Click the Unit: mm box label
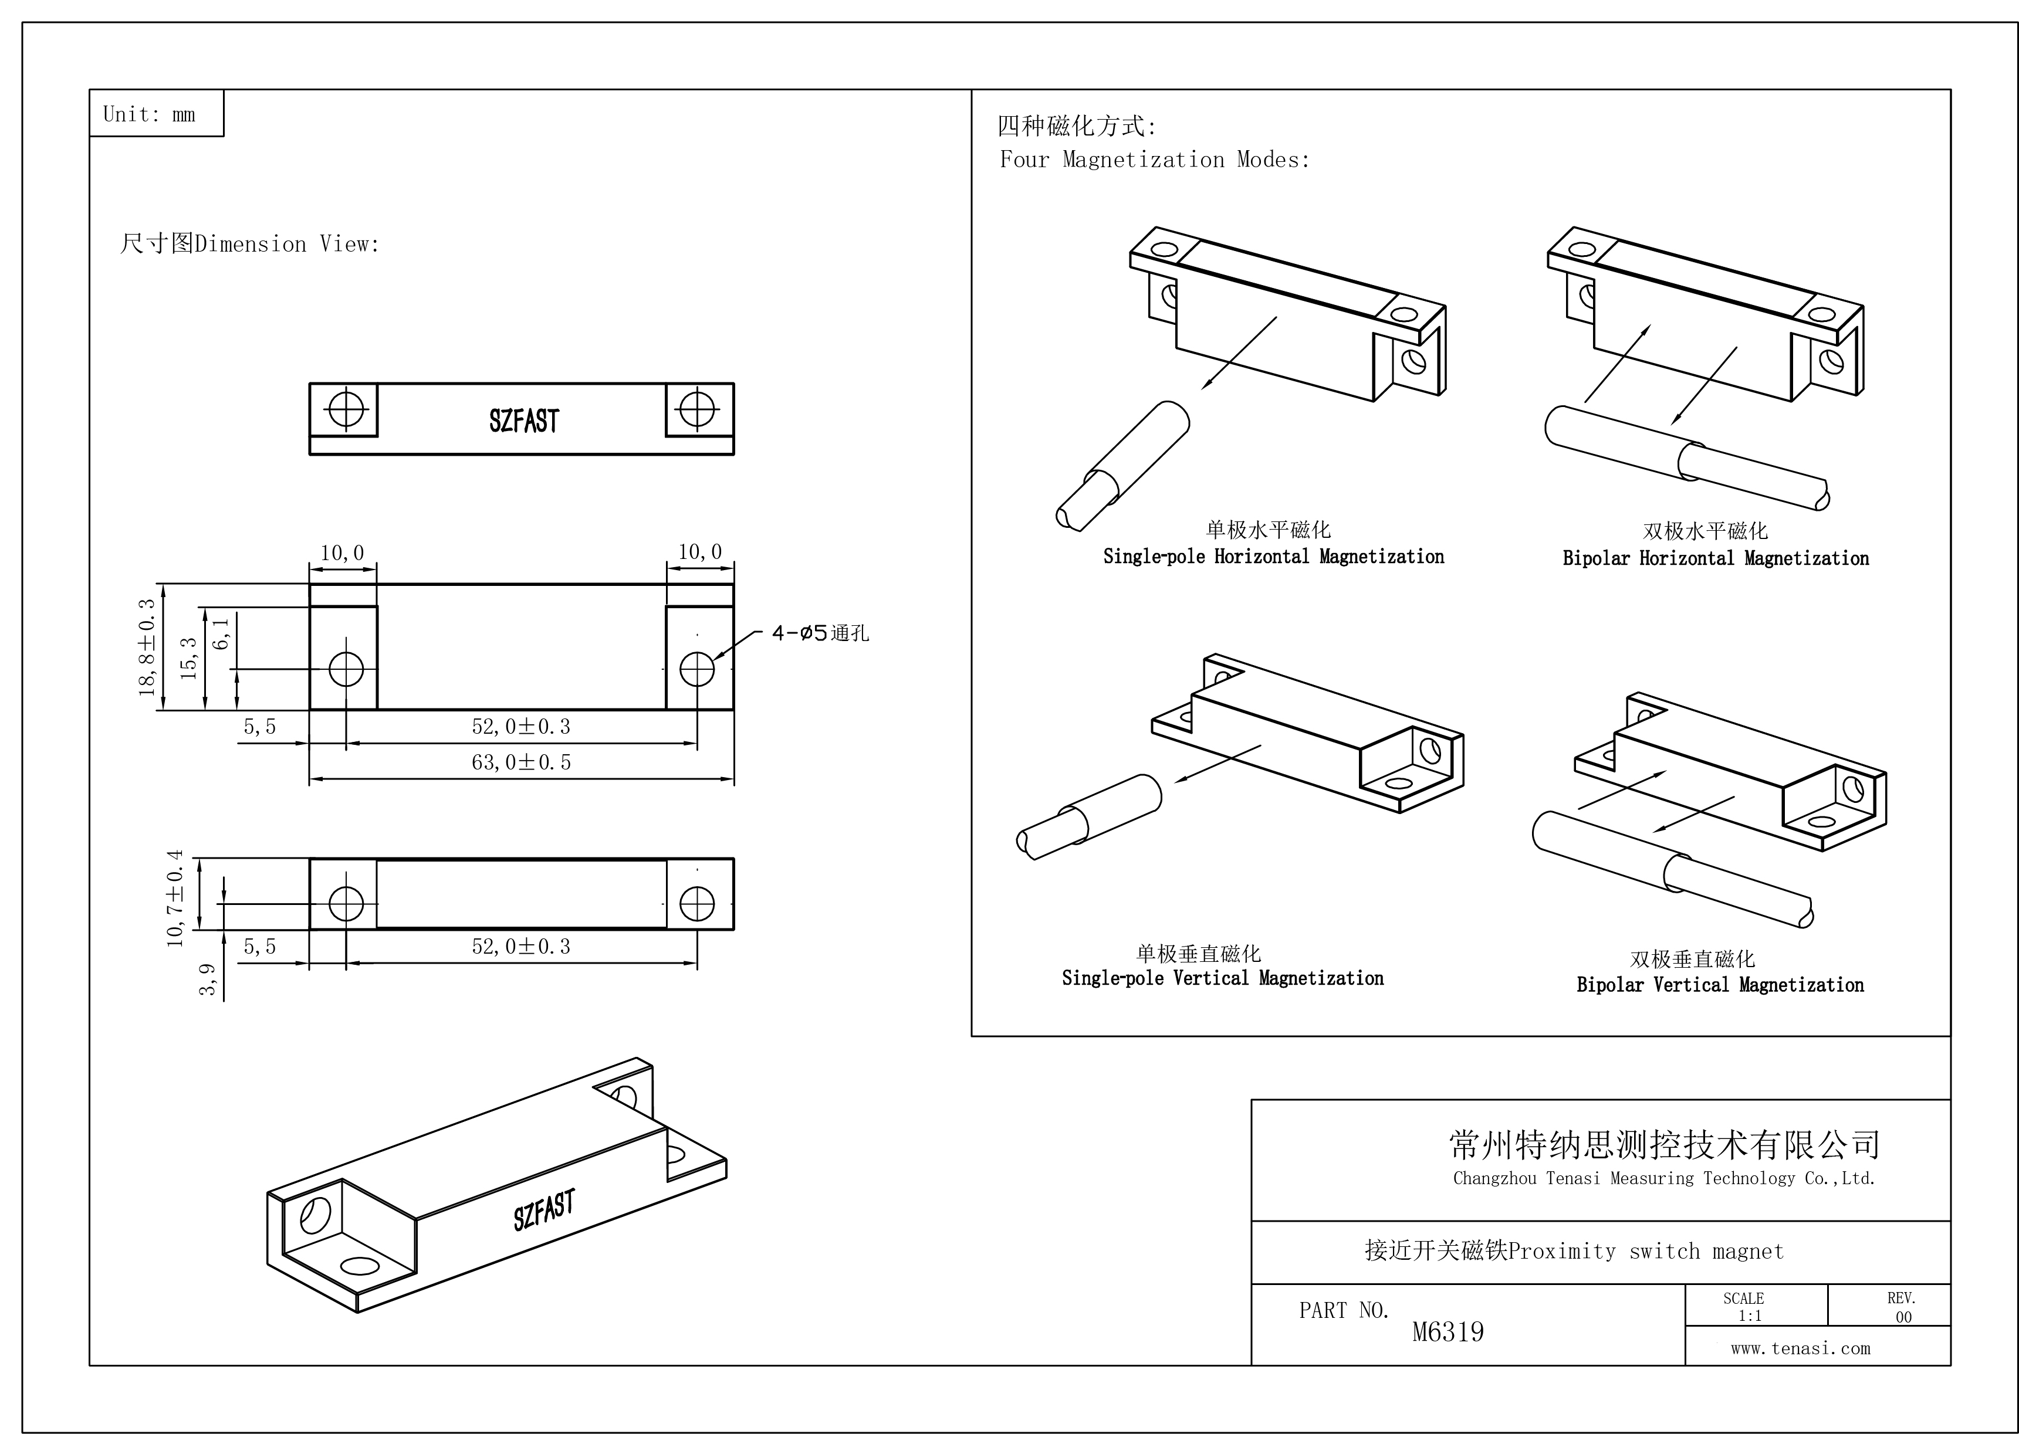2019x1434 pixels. [149, 114]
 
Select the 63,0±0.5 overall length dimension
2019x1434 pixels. [521, 762]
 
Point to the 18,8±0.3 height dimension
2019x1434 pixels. [147, 647]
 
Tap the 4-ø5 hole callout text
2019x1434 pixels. [820, 633]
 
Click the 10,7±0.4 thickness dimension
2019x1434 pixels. [175, 898]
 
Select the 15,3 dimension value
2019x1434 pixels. [188, 658]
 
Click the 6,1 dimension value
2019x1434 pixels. [221, 633]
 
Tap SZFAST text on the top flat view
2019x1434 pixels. [524, 421]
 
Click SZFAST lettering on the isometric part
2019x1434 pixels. [544, 1209]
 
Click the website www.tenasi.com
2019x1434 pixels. [1800, 1348]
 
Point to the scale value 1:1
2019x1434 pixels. [1750, 1316]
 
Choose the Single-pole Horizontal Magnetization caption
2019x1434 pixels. [1274, 556]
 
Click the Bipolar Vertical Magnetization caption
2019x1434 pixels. [1720, 985]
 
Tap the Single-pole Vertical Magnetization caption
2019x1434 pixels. [1222, 978]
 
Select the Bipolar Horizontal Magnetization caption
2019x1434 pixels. [1715, 558]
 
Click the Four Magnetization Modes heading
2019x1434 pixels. [1154, 160]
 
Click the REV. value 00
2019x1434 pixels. [1903, 1317]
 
